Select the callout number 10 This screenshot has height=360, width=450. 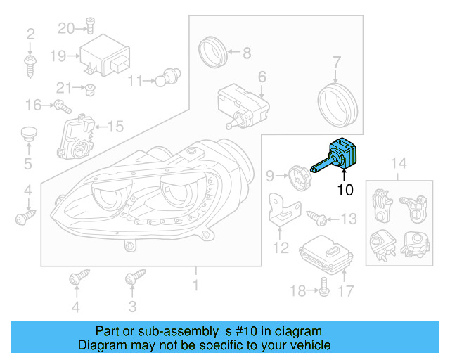345,189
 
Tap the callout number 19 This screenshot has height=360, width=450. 57,56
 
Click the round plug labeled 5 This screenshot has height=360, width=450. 28,134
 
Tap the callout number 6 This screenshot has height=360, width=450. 262,77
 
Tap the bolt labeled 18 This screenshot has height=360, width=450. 324,285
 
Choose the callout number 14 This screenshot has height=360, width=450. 399,165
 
